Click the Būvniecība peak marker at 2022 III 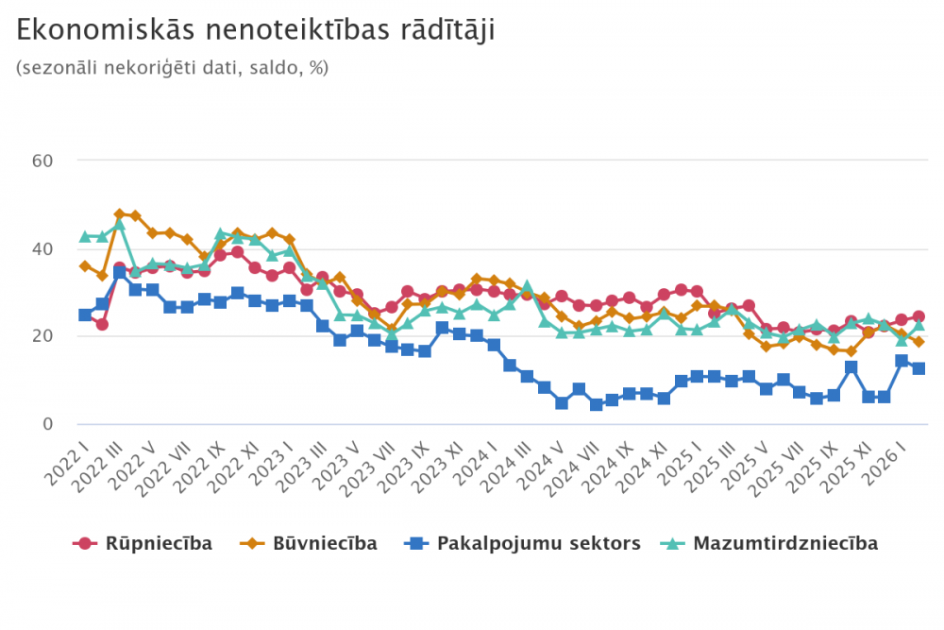click(120, 214)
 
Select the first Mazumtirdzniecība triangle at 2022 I click(85, 236)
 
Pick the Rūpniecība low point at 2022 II click(102, 324)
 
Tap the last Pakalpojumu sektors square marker click(918, 368)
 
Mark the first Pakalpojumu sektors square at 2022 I click(85, 315)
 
